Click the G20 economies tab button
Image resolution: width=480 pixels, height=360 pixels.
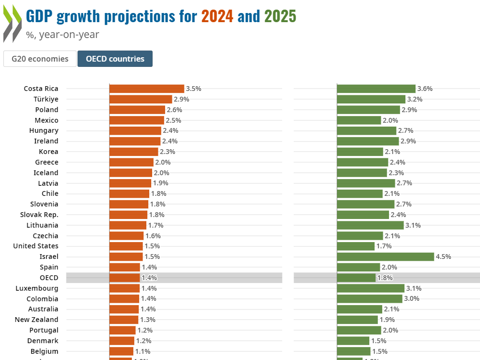coord(39,59)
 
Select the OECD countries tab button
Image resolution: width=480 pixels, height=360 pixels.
coord(115,59)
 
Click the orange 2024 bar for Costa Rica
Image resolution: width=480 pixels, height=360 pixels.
coord(147,89)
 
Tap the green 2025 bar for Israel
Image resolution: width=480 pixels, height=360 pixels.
coord(385,257)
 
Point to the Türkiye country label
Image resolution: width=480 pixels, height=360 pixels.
coord(46,99)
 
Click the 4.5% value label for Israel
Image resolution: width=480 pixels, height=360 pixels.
coord(443,257)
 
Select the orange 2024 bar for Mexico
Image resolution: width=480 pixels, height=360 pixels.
coord(137,120)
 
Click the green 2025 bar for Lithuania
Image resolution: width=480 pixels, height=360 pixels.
coord(370,225)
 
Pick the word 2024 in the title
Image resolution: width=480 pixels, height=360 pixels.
coord(217,17)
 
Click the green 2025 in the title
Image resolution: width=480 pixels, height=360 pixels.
coord(280,17)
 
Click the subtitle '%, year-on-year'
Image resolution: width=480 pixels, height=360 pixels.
coord(63,34)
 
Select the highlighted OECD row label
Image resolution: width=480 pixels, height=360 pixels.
coord(49,278)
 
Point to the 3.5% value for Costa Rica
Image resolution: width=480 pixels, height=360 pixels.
coord(194,89)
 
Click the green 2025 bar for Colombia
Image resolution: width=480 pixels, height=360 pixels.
coord(369,298)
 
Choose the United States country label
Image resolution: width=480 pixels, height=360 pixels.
coord(36,246)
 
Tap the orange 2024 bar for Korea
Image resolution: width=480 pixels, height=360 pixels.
coord(134,152)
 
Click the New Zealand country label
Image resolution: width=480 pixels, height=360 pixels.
coord(37,320)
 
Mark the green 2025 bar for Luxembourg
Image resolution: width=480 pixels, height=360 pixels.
coord(370,288)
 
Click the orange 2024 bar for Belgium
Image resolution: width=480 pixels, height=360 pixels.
coord(121,351)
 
